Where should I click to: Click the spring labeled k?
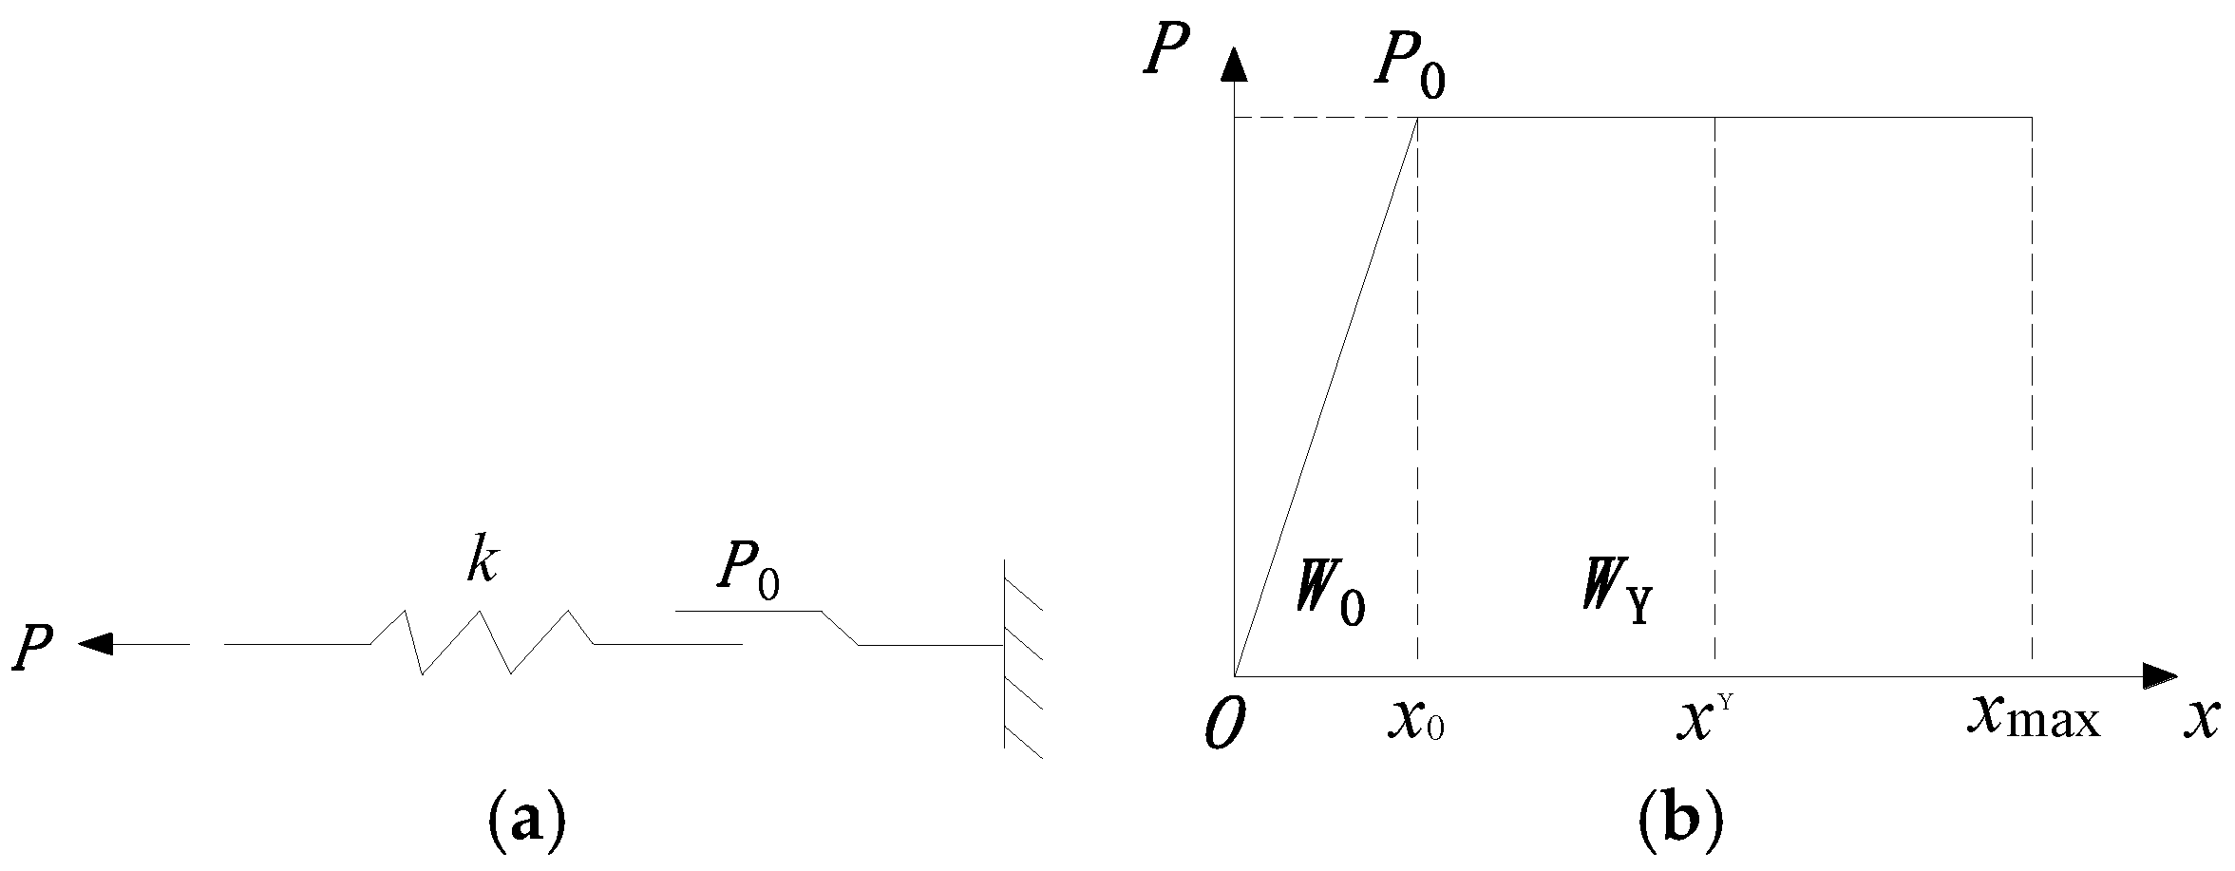(x=482, y=642)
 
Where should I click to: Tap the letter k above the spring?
(x=482, y=565)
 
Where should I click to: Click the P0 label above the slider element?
(x=748, y=573)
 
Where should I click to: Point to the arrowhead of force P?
(x=95, y=644)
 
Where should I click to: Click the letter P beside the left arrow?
(x=33, y=650)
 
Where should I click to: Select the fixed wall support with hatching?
(x=1022, y=654)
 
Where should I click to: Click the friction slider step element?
(x=839, y=628)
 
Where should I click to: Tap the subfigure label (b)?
(x=1680, y=820)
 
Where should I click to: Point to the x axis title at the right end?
(x=2198, y=722)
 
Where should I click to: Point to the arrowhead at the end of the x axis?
(x=2160, y=676)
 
